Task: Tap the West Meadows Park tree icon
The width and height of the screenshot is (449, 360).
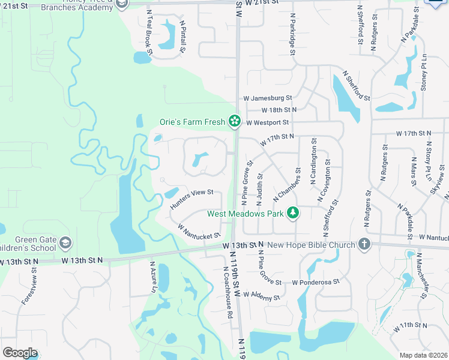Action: click(292, 213)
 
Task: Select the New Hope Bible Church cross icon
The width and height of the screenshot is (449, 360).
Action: click(363, 244)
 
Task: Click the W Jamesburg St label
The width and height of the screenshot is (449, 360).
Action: click(267, 98)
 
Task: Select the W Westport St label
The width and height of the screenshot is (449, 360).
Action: click(267, 122)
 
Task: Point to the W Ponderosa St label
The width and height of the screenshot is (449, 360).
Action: click(316, 282)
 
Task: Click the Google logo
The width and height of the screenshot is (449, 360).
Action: click(19, 353)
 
